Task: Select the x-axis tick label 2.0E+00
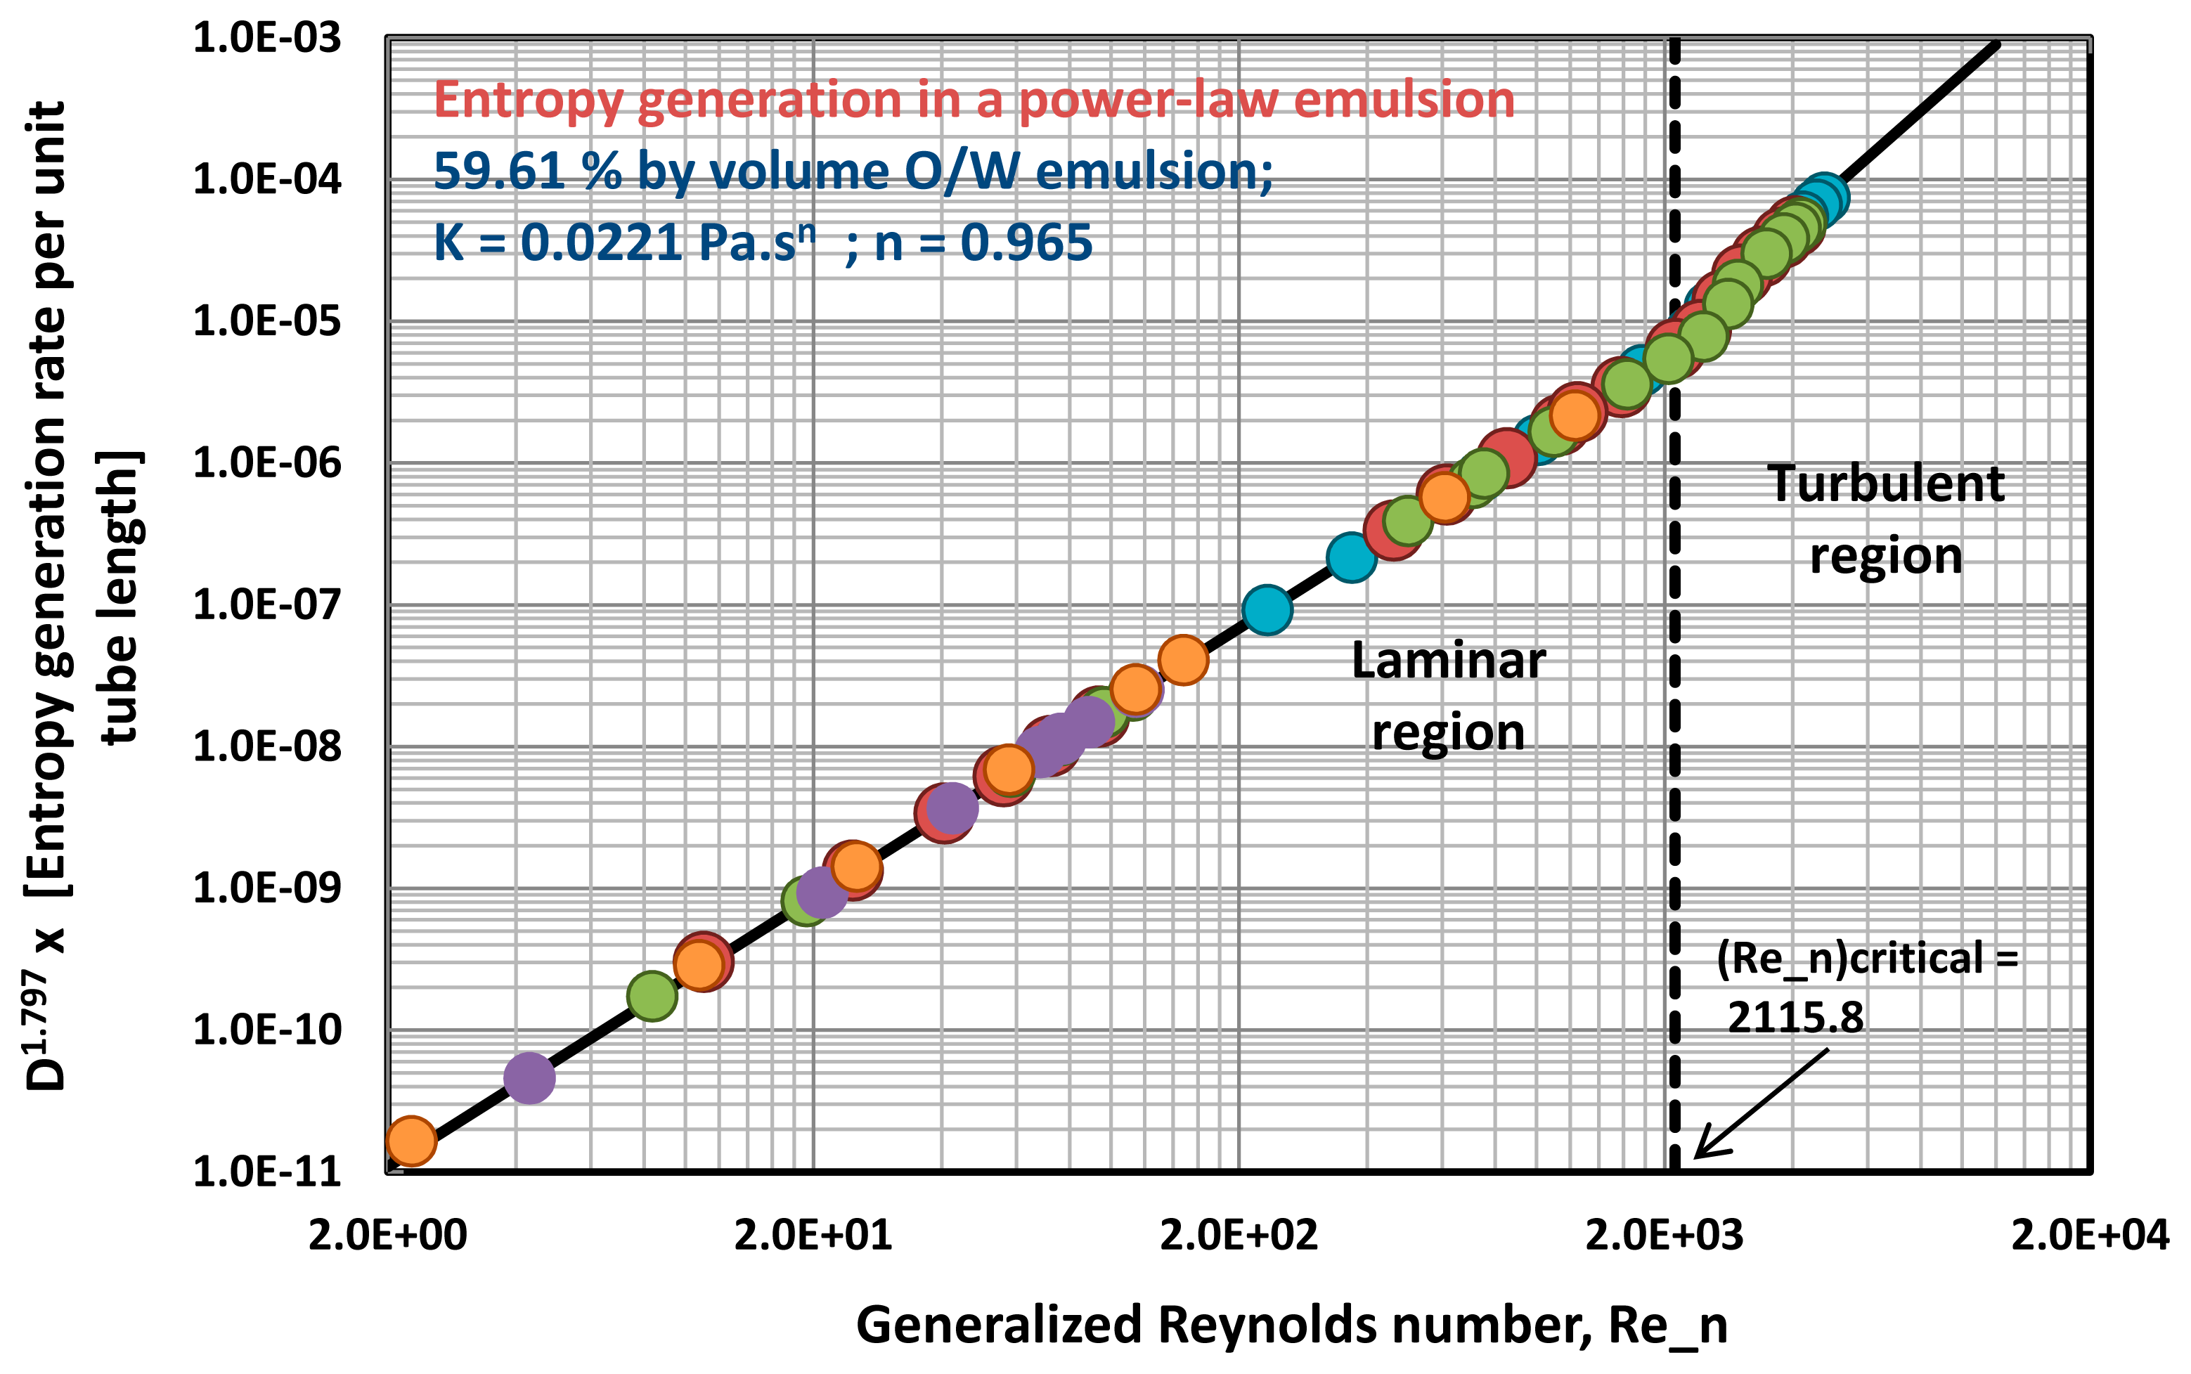click(x=387, y=1235)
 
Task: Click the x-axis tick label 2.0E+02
click(x=1238, y=1235)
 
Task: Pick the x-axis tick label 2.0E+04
click(x=2089, y=1235)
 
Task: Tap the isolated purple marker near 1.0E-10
click(x=529, y=1077)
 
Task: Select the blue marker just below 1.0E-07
click(x=1267, y=609)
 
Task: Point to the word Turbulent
click(x=1886, y=484)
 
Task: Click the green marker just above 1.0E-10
click(x=652, y=995)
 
